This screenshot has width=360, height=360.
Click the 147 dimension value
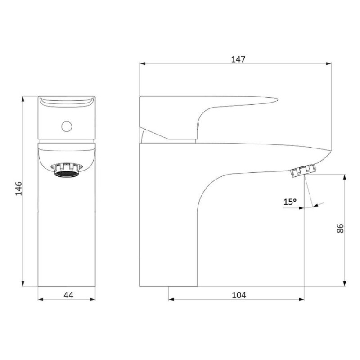click(238, 59)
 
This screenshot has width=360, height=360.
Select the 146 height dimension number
click(18, 189)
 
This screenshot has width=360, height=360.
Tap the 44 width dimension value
click(68, 295)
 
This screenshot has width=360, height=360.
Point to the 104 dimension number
click(239, 295)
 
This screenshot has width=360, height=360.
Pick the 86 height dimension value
click(340, 229)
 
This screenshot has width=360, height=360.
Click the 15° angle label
click(290, 202)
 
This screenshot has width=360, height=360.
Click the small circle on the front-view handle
click(67, 126)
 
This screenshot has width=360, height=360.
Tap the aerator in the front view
click(66, 170)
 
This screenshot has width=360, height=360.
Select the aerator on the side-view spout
click(303, 171)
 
